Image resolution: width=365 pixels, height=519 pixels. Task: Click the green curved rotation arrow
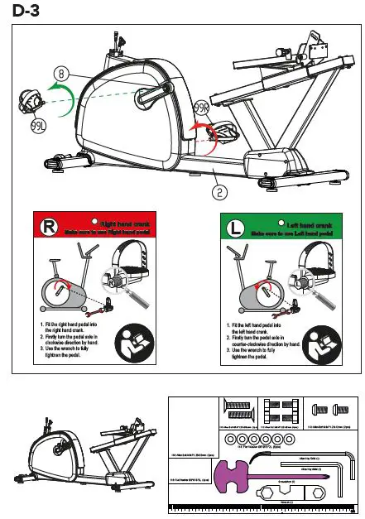click(x=60, y=89)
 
